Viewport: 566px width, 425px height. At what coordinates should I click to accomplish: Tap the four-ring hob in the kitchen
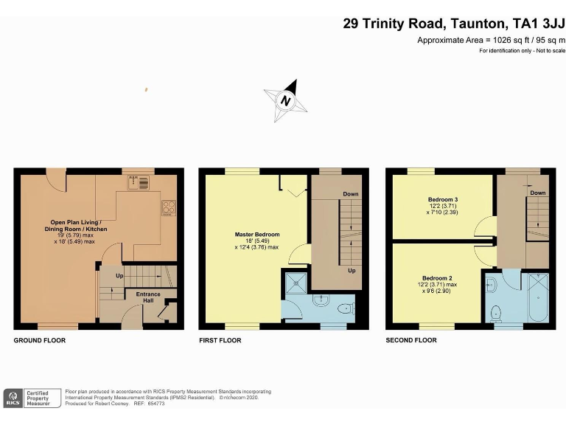tap(168, 208)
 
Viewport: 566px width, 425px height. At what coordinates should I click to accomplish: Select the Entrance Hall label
tap(148, 297)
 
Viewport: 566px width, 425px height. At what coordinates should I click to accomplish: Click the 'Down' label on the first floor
tap(350, 195)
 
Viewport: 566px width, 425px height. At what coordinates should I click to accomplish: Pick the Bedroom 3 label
tap(443, 200)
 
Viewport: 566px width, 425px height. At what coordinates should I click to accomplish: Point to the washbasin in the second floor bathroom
tap(492, 283)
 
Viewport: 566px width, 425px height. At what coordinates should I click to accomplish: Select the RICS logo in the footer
tap(13, 398)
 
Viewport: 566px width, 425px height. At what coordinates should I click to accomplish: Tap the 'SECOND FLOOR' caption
tap(411, 340)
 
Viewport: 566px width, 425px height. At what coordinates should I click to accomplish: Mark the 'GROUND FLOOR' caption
tap(40, 340)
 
